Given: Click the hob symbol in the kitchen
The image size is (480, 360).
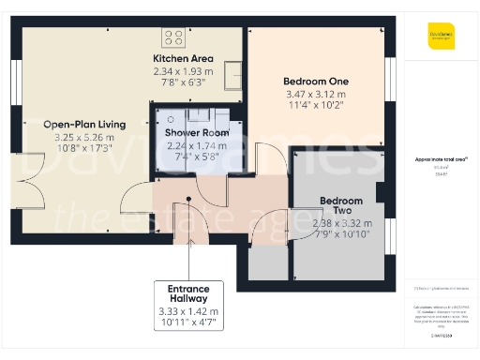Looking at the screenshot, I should [173, 37].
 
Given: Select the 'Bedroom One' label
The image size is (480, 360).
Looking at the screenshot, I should [314, 82].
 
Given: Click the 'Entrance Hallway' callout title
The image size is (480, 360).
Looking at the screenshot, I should [189, 292].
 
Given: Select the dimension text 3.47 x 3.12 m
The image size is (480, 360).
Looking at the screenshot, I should [314, 95].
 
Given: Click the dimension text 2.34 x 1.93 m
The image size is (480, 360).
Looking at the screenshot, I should [183, 71].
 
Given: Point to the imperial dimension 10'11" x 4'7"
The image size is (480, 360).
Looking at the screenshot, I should [189, 322].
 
